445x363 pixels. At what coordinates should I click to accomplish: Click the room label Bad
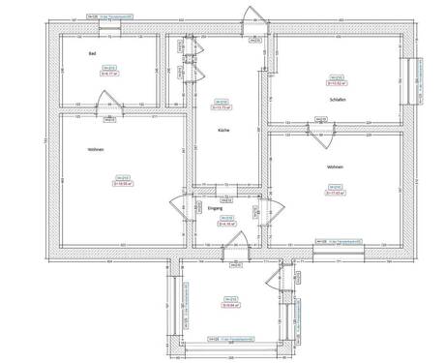point(92,53)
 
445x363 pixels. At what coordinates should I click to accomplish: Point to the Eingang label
point(215,208)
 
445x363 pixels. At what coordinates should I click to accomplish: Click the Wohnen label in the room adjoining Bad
point(95,148)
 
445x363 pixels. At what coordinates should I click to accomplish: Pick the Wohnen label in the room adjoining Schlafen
point(335,167)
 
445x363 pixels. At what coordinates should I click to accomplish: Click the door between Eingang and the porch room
point(232,251)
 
